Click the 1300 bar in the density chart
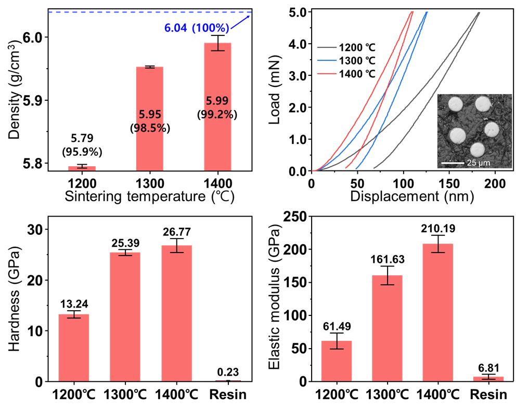pos(150,118)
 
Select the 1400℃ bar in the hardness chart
pos(177,313)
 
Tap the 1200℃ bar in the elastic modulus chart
pos(337,361)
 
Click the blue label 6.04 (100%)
pos(197,28)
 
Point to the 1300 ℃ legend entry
pos(346,61)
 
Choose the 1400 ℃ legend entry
pos(346,74)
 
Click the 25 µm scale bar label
pos(479,163)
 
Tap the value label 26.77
pos(177,232)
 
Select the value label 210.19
pos(438,229)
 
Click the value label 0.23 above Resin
pos(228,372)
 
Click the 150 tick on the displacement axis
pos(449,183)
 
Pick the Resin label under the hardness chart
pos(228,394)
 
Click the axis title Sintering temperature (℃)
pos(150,196)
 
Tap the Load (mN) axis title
pos(274,90)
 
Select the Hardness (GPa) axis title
pos(14,299)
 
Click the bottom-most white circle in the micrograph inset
pos(477,150)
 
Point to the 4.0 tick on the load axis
pos(298,44)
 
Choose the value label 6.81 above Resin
pos(488,368)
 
